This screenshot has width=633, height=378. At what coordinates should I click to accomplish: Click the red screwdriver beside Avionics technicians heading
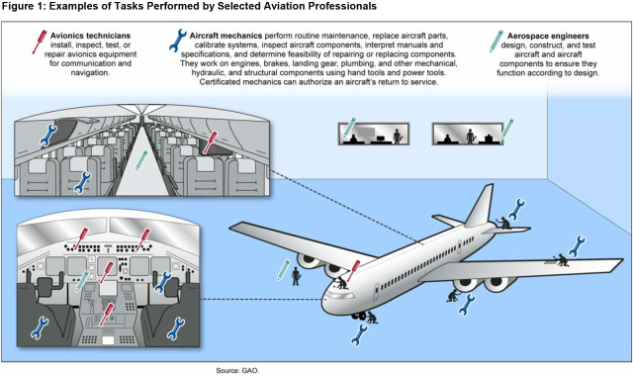point(40,42)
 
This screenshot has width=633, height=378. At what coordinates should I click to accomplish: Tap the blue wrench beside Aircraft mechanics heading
point(178,41)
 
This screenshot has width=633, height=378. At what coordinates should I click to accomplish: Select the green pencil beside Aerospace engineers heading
point(497,42)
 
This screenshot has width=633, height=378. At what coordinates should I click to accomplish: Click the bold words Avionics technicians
point(90,36)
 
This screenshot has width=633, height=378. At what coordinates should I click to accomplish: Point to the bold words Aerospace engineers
point(548,36)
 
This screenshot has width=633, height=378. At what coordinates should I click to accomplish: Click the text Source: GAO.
point(237,370)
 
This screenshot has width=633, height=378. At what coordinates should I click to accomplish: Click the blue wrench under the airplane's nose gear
point(359,334)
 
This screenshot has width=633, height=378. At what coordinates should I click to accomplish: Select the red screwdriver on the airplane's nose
point(353,270)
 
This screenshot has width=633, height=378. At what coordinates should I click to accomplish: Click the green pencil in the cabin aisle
point(141,160)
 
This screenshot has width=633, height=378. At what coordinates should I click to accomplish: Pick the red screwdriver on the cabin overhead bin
point(210,142)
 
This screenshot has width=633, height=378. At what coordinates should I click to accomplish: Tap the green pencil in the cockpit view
point(82,281)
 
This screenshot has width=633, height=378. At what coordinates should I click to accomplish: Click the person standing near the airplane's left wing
point(296,276)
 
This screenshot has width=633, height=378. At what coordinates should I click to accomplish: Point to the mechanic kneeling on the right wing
point(561,259)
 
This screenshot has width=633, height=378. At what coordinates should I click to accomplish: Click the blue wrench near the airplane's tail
point(516,209)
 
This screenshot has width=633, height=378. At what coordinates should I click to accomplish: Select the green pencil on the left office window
point(349,127)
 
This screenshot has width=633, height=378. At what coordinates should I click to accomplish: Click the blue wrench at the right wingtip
point(577,246)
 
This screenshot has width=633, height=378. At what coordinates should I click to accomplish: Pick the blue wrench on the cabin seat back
point(83,182)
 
